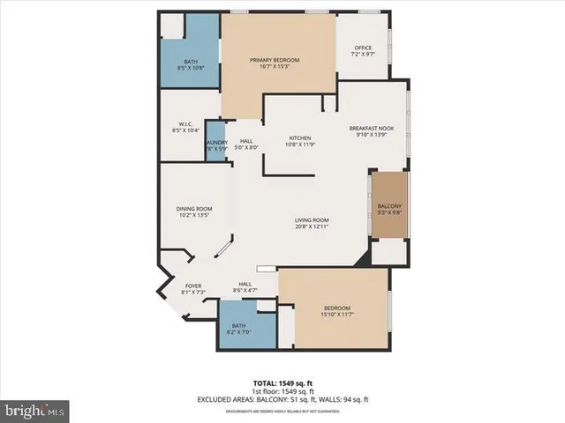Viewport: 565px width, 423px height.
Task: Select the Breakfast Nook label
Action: pos(371,128)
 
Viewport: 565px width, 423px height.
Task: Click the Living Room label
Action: pos(312,219)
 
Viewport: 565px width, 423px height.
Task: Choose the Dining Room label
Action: pos(194,209)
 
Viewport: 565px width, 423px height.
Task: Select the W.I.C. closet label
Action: pos(185,123)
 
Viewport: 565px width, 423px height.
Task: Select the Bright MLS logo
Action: pos(35,411)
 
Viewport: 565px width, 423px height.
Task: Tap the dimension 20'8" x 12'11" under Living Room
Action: pos(312,226)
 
